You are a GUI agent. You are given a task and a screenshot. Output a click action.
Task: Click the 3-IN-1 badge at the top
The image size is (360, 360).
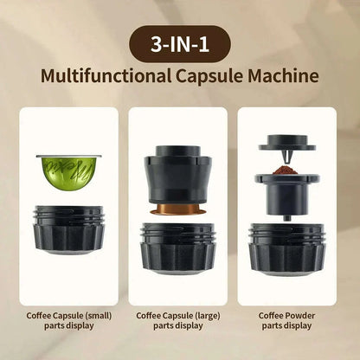click(179, 42)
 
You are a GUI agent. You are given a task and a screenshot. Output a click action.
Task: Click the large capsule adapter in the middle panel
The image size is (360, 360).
click(179, 172)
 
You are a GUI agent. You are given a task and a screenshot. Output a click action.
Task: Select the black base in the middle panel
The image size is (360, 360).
click(179, 246)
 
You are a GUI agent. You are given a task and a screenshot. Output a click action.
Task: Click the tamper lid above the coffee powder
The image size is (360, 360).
click(286, 143)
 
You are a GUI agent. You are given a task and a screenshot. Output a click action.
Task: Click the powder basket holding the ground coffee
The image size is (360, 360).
click(286, 192)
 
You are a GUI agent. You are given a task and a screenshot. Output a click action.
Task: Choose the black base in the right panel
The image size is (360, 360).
click(286, 246)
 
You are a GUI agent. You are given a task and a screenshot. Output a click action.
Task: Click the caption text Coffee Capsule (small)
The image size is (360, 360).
click(67, 316)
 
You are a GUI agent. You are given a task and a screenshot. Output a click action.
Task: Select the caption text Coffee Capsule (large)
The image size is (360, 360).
click(179, 316)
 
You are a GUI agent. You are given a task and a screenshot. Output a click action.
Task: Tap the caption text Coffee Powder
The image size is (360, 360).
click(286, 316)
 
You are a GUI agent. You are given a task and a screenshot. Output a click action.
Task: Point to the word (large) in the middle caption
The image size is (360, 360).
click(209, 316)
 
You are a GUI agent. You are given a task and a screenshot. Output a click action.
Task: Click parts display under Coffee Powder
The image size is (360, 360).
click(286, 326)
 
